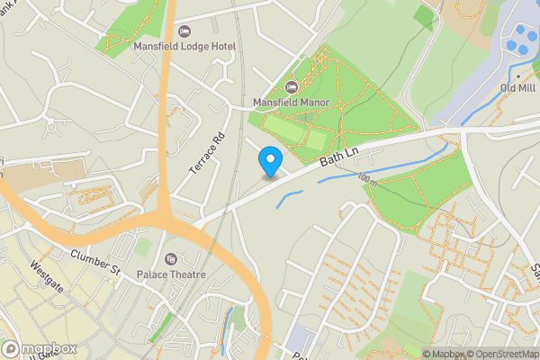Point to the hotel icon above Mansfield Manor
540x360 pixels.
pos(291,86)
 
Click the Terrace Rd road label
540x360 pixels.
pos(206,156)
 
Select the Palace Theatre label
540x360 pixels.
pos(171,274)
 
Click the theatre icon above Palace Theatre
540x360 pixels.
pos(171,259)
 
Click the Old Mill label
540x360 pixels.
pos(517,88)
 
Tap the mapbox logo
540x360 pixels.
pos(39,348)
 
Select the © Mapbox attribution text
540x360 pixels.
pos(446,354)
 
